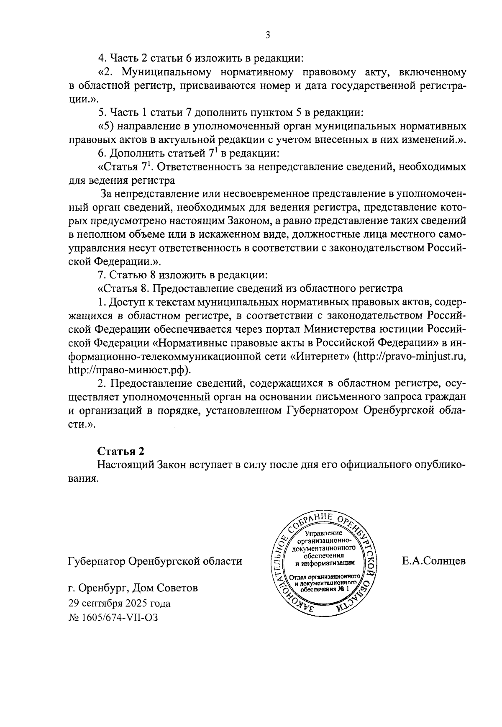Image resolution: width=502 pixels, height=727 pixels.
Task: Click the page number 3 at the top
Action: (267, 35)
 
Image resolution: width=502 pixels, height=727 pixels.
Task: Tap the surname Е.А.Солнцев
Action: (433, 561)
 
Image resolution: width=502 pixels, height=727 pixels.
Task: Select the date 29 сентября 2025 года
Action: (119, 603)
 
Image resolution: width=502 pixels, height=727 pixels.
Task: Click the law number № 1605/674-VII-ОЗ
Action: (113, 617)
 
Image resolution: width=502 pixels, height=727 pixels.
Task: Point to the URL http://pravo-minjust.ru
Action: (409, 357)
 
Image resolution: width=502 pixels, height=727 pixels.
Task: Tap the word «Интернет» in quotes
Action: (320, 357)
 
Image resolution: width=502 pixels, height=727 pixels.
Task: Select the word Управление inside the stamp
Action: (324, 533)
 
